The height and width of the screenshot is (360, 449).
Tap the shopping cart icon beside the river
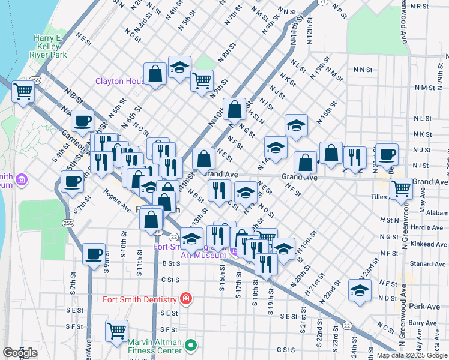click(x=23, y=92)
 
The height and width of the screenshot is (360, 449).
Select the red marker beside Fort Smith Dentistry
click(x=186, y=299)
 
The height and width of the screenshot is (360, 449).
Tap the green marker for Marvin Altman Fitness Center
click(x=191, y=345)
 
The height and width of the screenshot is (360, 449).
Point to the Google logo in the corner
click(x=20, y=353)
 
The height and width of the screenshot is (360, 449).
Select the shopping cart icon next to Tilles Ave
click(x=400, y=189)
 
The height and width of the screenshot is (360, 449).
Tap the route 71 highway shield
click(x=322, y=2)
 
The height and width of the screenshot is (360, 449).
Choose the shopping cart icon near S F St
click(x=116, y=331)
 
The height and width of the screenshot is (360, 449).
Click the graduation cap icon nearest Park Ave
click(x=360, y=291)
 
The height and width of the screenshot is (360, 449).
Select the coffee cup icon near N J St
click(x=387, y=154)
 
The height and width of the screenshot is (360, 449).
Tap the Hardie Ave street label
click(x=428, y=227)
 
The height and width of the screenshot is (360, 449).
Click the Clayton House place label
click(x=121, y=81)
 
